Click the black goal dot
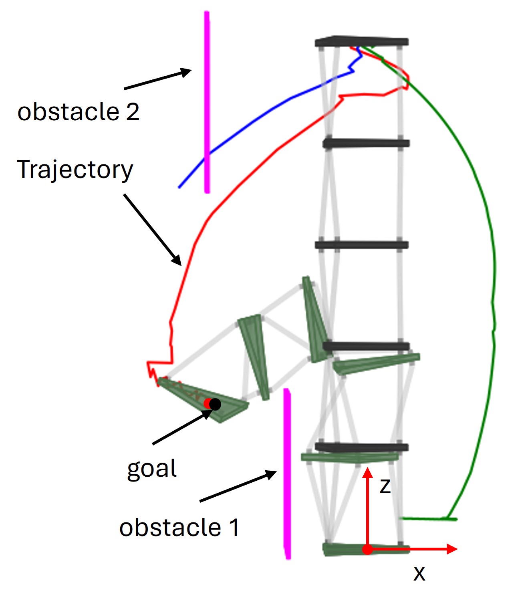point(215,405)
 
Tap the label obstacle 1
point(179,527)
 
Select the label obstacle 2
point(79,111)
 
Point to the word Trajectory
point(75,170)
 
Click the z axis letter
point(385,486)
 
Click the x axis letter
point(419,573)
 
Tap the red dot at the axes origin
point(367,549)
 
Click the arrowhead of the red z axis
point(367,472)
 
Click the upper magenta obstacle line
point(207,100)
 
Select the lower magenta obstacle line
point(287,473)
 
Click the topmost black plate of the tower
point(362,41)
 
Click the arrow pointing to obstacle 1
point(238,486)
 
